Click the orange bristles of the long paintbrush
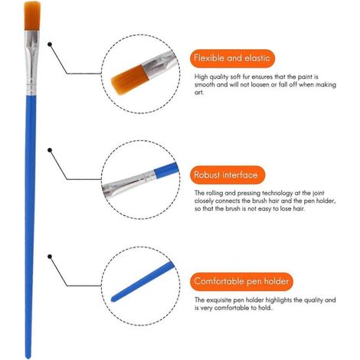click(32, 16)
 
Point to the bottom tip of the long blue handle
click(28, 358)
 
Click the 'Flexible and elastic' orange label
click(232, 58)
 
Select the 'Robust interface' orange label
click(227, 175)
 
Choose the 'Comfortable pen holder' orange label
click(241, 281)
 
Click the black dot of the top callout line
click(50, 44)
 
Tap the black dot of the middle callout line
click(50, 150)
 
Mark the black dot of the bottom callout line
click(50, 257)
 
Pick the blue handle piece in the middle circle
click(166, 169)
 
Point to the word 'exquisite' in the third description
click(219, 300)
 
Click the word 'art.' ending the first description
click(199, 93)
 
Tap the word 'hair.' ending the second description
click(299, 208)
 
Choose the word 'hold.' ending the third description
click(265, 308)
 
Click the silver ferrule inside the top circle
click(159, 64)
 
